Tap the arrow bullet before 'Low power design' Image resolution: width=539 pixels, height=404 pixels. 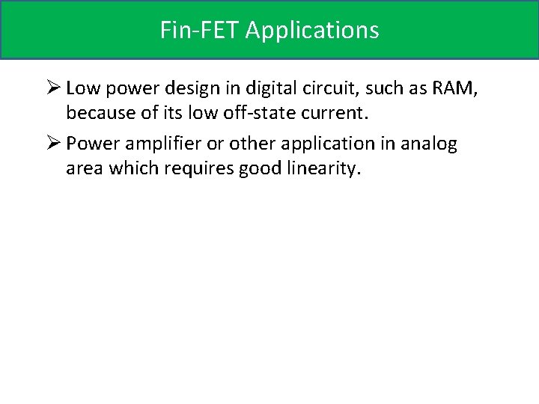tap(52, 88)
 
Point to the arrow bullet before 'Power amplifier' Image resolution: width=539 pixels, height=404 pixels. tap(52, 143)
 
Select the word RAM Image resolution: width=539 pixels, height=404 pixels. tap(453, 88)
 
